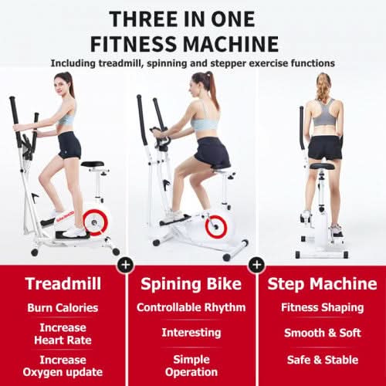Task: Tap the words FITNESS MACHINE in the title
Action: [x=193, y=42]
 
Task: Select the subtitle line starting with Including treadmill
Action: [x=193, y=63]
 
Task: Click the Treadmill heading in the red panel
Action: [x=63, y=283]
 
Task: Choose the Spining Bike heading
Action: [x=191, y=283]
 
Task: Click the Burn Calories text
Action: [x=63, y=307]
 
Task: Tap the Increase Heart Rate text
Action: [x=63, y=334]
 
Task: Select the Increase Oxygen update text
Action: [x=63, y=365]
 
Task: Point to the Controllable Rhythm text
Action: [x=191, y=307]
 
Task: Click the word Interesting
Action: [x=191, y=333]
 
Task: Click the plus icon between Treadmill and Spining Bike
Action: [x=126, y=265]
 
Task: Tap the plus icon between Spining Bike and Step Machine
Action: [x=256, y=265]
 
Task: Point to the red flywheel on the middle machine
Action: [x=217, y=226]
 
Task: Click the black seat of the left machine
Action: [x=93, y=164]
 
